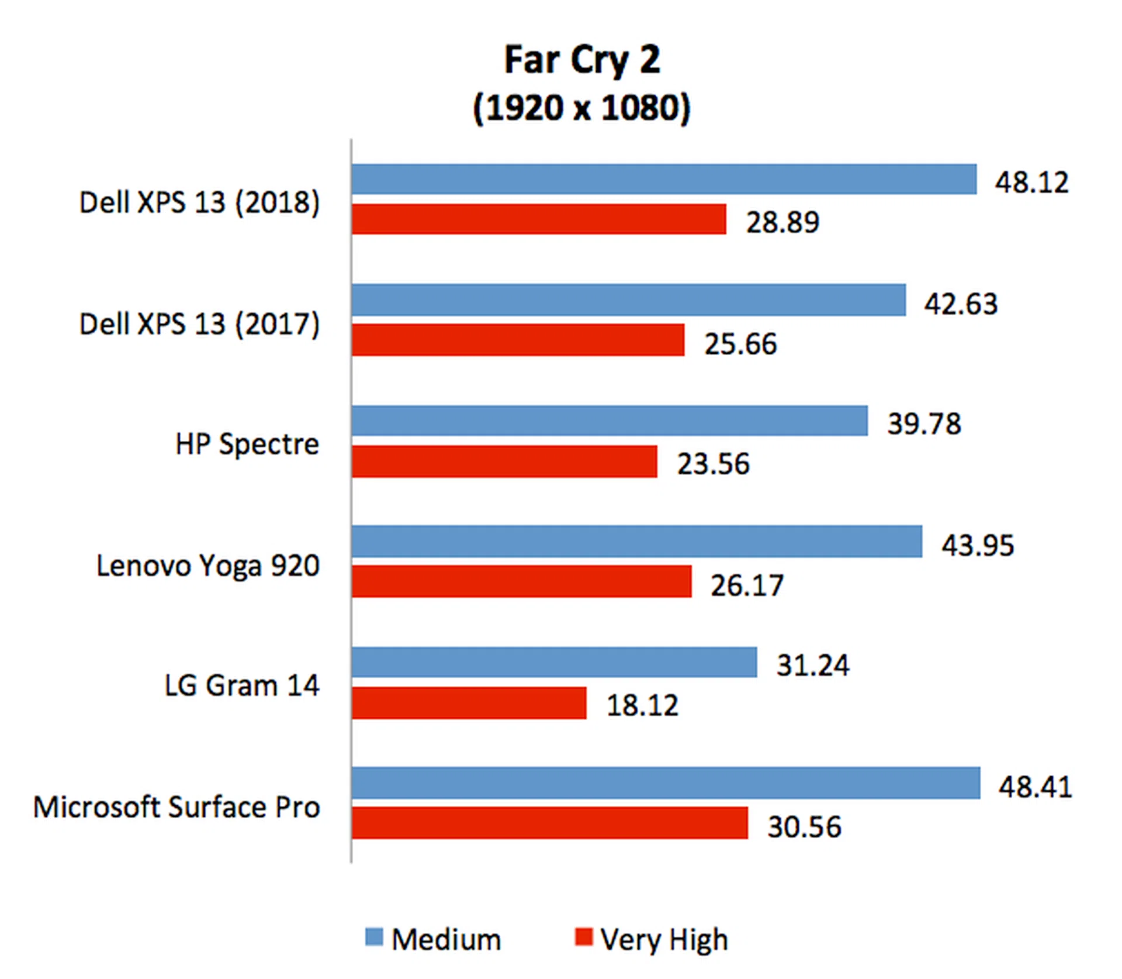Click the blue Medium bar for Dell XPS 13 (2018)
pos(663,179)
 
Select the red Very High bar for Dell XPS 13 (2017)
pos(518,340)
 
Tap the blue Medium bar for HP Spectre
pos(610,420)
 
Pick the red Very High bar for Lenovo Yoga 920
pos(521,581)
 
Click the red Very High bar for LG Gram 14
pos(469,702)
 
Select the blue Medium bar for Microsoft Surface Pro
pos(666,782)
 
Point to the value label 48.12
pos(1032,182)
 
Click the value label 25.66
pos(740,343)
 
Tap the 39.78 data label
pos(924,423)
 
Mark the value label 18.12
pos(642,705)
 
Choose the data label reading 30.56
pos(804,826)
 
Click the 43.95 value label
pos(978,545)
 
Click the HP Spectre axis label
pos(247,444)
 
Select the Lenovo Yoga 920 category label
pos(208,566)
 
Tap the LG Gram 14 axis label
pos(242,685)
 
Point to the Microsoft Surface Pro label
pos(176,807)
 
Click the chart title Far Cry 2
pos(582,60)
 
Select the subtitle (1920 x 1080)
pos(582,108)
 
